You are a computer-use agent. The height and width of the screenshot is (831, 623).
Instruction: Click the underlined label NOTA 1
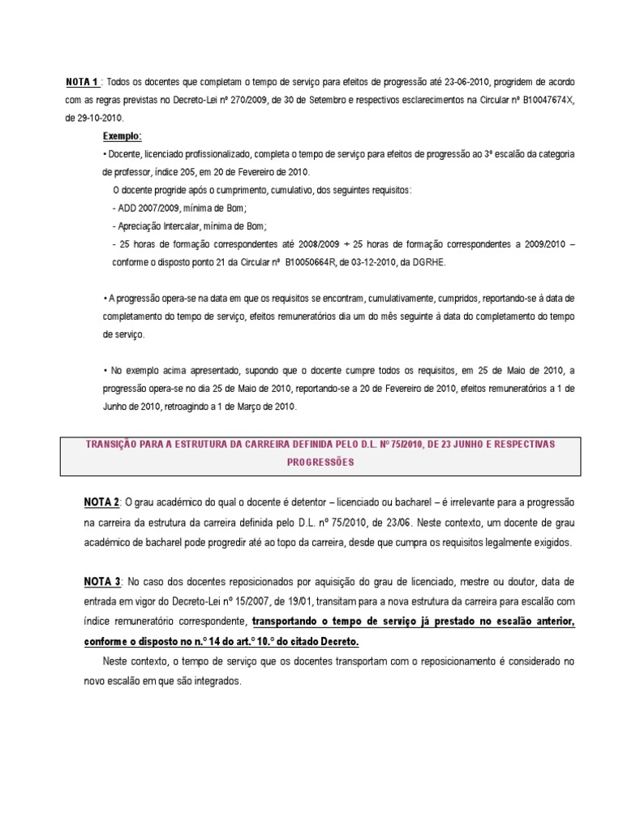pyautogui.click(x=82, y=82)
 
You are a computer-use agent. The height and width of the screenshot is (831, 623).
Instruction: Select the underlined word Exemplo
pyautogui.click(x=122, y=136)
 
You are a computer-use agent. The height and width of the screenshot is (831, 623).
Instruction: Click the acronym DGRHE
pyautogui.click(x=429, y=262)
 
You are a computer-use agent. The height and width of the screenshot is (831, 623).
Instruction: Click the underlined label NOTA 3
pyautogui.click(x=101, y=581)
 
